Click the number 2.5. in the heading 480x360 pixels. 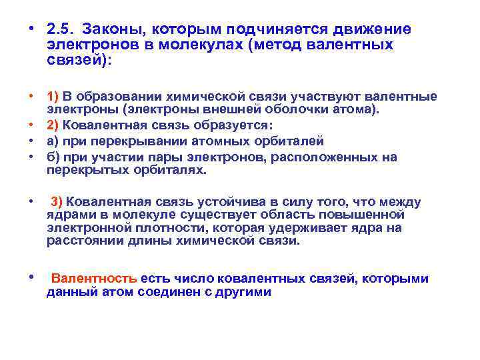[60, 29]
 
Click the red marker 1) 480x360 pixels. [53, 97]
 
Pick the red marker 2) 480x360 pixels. [53, 127]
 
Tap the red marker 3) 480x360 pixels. [57, 202]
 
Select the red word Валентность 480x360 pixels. [95, 278]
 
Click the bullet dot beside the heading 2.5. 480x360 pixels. [31, 29]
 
